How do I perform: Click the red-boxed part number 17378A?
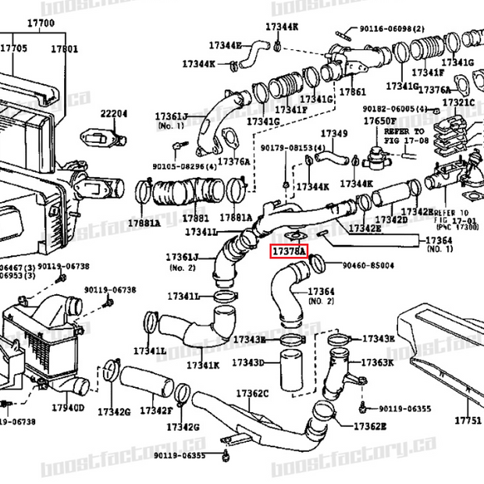pyautogui.click(x=288, y=251)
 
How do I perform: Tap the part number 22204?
pyautogui.click(x=113, y=114)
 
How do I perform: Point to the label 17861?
pyautogui.click(x=353, y=91)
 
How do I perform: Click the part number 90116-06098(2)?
pyautogui.click(x=393, y=29)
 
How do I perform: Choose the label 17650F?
pyautogui.click(x=380, y=121)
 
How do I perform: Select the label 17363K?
pyautogui.click(x=378, y=363)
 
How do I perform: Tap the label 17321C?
pyautogui.click(x=458, y=102)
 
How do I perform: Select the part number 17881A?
pyautogui.click(x=144, y=222)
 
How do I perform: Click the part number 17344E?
pyautogui.click(x=225, y=45)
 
